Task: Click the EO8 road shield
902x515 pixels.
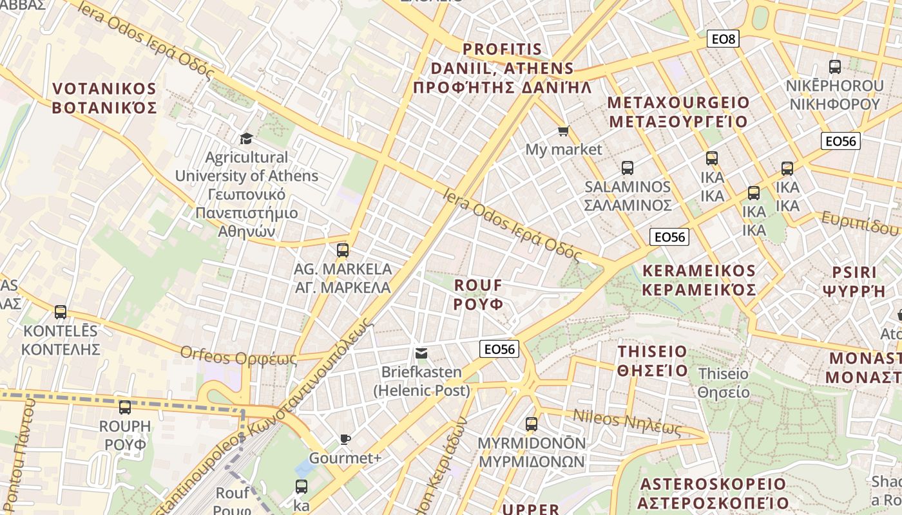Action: (723, 39)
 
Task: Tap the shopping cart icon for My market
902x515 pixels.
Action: (563, 131)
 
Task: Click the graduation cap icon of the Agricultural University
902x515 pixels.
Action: (246, 138)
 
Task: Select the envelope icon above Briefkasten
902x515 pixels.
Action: (421, 353)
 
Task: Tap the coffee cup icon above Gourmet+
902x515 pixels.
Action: (345, 439)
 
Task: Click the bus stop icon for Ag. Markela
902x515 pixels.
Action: (343, 250)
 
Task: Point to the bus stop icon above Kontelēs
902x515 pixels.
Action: (61, 312)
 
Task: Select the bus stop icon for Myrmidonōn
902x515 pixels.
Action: (532, 424)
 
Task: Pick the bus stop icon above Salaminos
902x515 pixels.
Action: (628, 168)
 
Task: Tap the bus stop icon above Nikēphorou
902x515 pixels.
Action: (835, 67)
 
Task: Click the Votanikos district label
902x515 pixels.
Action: (104, 98)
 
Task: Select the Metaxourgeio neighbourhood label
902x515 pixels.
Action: (678, 112)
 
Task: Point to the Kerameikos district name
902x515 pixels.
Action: (699, 280)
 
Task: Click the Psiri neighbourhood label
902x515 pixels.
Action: (854, 281)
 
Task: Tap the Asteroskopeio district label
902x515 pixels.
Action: (713, 493)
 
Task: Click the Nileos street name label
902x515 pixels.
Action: (627, 422)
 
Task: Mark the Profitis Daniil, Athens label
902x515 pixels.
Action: (503, 68)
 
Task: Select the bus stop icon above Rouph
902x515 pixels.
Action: (125, 407)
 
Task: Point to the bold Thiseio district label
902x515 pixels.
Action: (653, 361)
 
